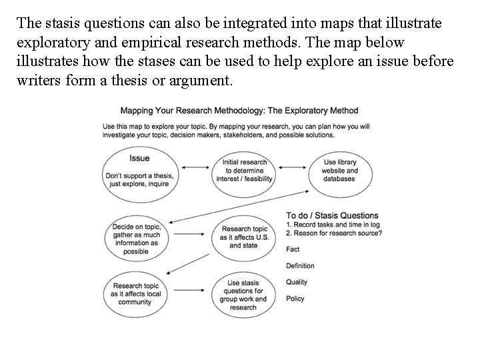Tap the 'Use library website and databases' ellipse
[x=340, y=171]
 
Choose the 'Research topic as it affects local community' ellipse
[x=136, y=291]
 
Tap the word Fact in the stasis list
[x=293, y=249]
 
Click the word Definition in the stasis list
[x=300, y=266]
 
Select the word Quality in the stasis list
[x=297, y=282]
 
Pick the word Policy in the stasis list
[x=295, y=299]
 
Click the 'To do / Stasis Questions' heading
[x=332, y=215]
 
